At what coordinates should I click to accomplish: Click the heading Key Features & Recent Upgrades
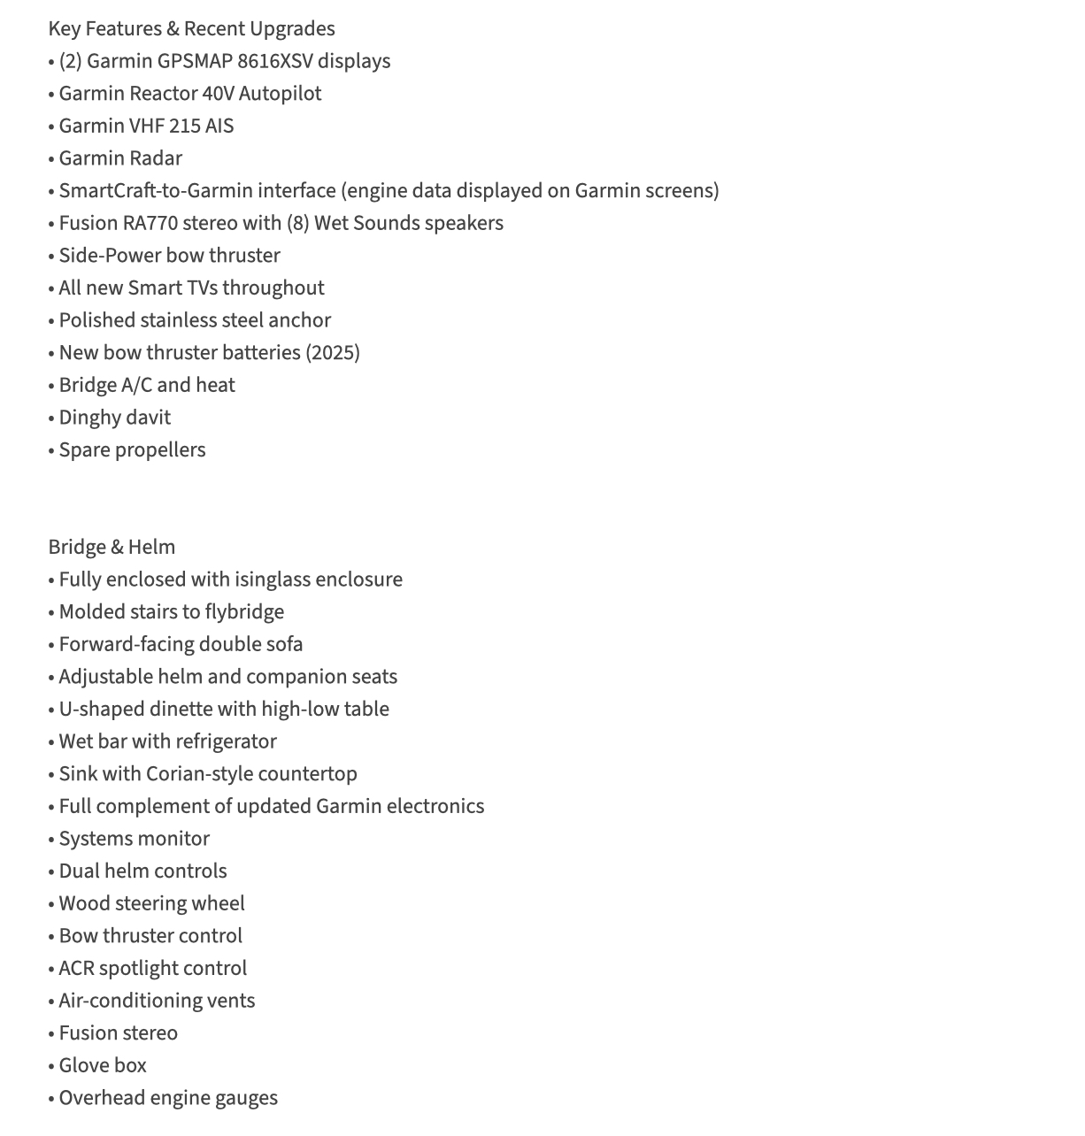tap(191, 29)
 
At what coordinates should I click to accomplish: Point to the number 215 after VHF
tap(185, 127)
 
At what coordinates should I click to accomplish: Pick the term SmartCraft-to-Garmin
tap(197, 191)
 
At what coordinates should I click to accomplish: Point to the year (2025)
tap(333, 353)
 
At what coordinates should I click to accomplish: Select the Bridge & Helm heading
tap(112, 548)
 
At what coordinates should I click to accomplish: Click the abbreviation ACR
tap(76, 969)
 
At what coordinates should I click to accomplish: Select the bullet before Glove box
tap(51, 1067)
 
